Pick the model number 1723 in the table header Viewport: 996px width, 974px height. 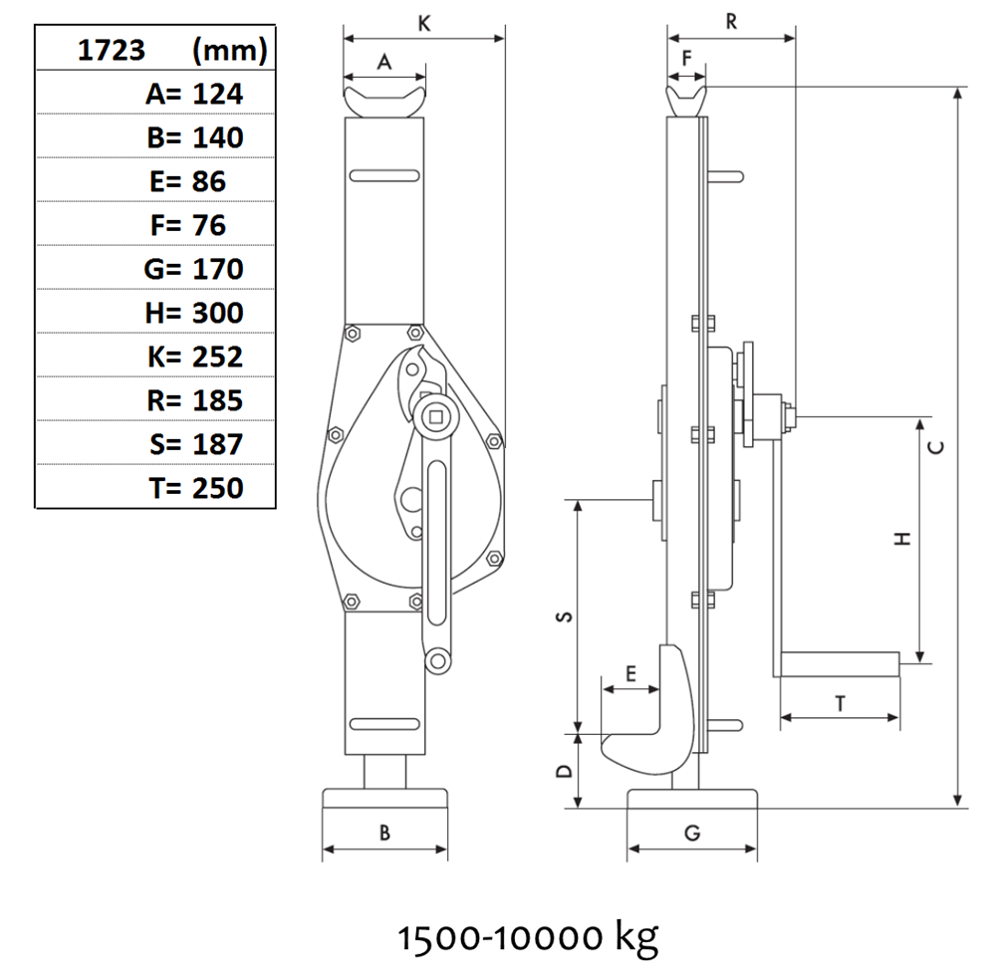tap(112, 50)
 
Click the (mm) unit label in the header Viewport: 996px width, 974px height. tap(230, 50)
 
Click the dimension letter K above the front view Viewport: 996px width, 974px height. tap(424, 24)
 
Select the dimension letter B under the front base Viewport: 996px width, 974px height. tap(384, 833)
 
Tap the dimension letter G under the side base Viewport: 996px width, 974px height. tap(692, 833)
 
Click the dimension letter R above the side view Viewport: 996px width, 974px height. tap(732, 22)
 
